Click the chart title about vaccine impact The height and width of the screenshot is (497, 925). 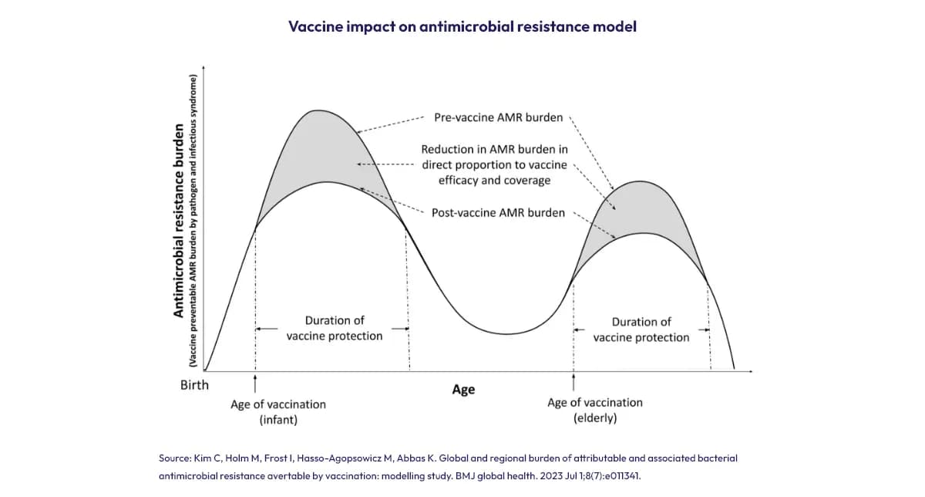pyautogui.click(x=462, y=26)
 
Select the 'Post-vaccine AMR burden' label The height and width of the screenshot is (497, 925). pyautogui.click(x=498, y=212)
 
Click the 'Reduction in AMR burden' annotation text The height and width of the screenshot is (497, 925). pyautogui.click(x=494, y=164)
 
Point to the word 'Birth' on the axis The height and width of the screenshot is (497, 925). pyautogui.click(x=194, y=384)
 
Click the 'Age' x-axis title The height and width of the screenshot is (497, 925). pyautogui.click(x=463, y=389)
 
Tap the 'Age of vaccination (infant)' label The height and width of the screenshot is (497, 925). pyautogui.click(x=278, y=412)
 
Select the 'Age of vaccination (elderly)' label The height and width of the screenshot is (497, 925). pyautogui.click(x=594, y=410)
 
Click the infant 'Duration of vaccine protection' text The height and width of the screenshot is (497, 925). pyautogui.click(x=335, y=328)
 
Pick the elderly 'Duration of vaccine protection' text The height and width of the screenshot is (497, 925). pyautogui.click(x=641, y=330)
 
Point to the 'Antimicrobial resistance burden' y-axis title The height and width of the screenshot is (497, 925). pyautogui.click(x=179, y=220)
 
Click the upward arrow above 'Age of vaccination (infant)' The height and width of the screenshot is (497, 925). pyautogui.click(x=255, y=381)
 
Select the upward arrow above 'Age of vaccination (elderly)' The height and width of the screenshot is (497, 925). pyautogui.click(x=573, y=380)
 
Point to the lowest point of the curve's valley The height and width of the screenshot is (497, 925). pyautogui.click(x=506, y=333)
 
